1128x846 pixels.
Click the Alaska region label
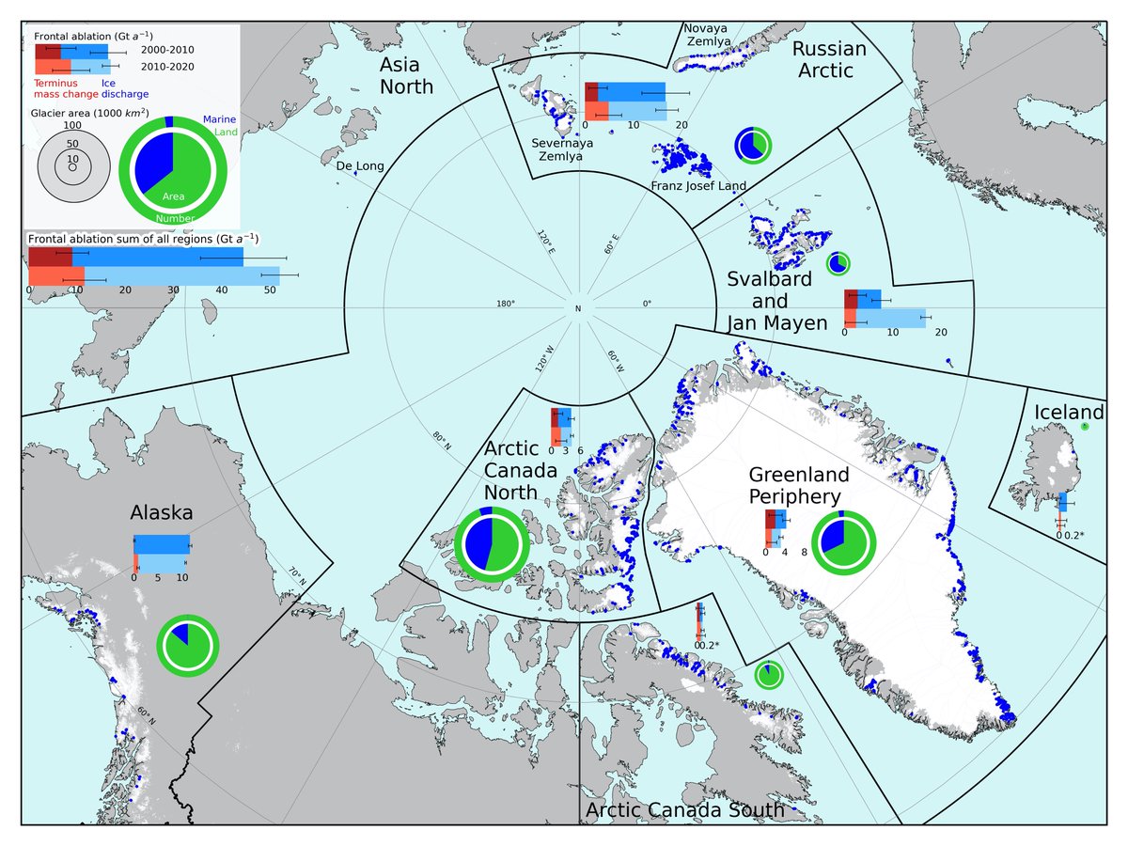tap(162, 513)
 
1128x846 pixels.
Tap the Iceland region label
tap(1069, 413)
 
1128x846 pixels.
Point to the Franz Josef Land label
tap(698, 186)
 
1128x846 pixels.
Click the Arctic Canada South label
tap(685, 810)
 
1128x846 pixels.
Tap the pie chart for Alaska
tap(187, 645)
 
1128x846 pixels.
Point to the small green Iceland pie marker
tap(1084, 427)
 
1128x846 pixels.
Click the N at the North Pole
tap(578, 309)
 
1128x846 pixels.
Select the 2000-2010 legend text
tap(168, 47)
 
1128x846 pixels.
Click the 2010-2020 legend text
tap(168, 68)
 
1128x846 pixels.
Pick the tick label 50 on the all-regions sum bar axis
tap(270, 290)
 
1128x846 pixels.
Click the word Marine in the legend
tap(219, 119)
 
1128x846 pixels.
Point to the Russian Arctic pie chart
tap(753, 144)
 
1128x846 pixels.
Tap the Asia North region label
tap(406, 76)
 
